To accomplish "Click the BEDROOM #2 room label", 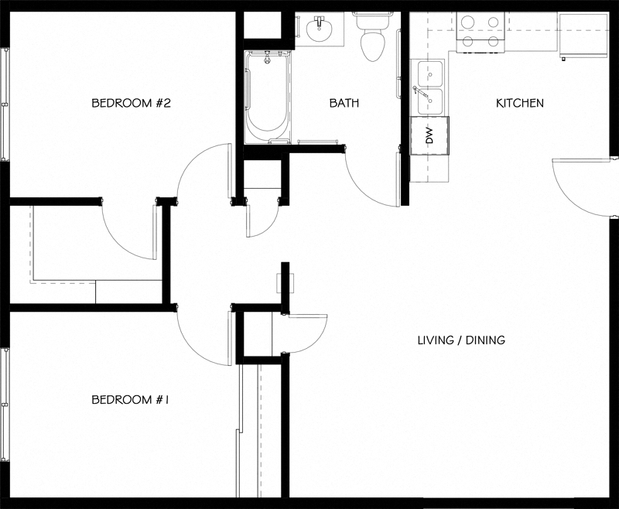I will click(x=131, y=103).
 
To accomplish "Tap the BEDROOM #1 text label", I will click(x=131, y=400).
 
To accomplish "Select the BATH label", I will click(x=344, y=103).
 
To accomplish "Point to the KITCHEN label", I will click(x=519, y=103).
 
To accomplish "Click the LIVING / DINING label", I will click(x=461, y=340).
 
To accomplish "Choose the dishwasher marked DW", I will click(x=429, y=136).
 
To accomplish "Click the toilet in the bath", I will click(x=374, y=39).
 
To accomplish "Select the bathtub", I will click(x=268, y=97).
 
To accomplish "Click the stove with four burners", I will click(x=480, y=32).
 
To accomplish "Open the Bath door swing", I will click(x=371, y=178).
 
